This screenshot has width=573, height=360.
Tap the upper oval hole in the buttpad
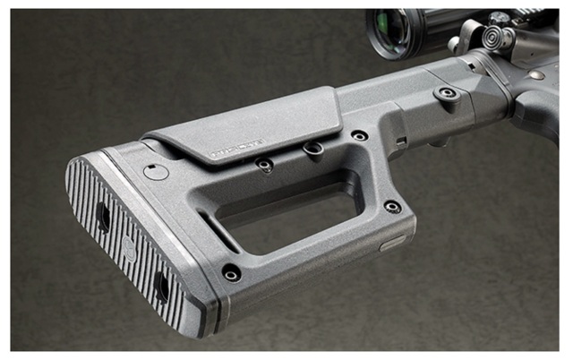[101, 216]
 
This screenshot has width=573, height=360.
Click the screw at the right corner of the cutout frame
[392, 206]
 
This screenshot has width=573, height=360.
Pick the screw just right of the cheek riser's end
[359, 136]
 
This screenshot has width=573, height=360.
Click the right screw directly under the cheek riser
[312, 149]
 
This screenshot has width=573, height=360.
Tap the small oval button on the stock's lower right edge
[392, 243]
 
